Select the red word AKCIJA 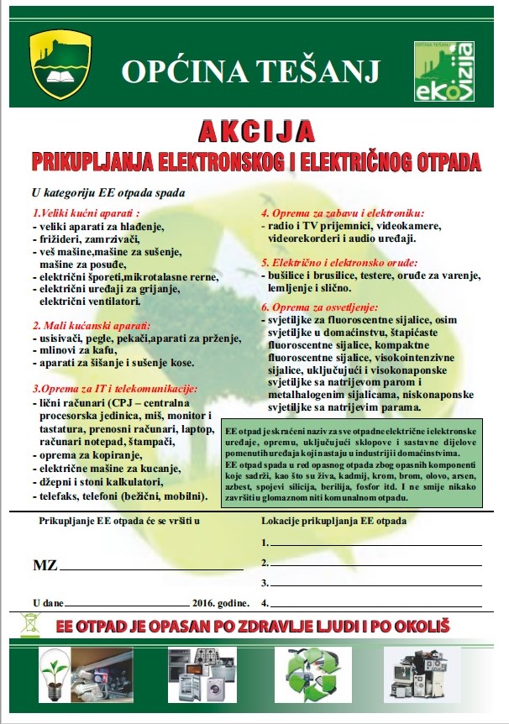pyautogui.click(x=257, y=132)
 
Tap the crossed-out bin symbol pyautogui.click(x=31, y=625)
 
